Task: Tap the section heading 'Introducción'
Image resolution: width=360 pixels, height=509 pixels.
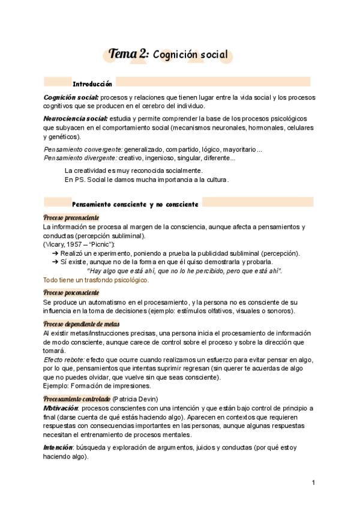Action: [x=92, y=83]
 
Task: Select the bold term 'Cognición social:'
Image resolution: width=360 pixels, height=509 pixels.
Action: [x=71, y=97]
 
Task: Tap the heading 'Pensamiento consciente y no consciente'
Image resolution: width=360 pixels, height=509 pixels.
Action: [x=135, y=204]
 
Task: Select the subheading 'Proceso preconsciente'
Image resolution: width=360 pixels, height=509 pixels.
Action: [x=71, y=217]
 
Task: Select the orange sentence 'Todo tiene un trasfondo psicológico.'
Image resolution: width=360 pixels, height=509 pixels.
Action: [x=95, y=280]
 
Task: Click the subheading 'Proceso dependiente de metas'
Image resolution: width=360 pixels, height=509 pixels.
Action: [x=82, y=324]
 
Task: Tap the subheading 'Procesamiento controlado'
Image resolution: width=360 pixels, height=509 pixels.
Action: [x=77, y=399]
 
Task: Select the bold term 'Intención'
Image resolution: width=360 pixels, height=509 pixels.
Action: [x=58, y=448]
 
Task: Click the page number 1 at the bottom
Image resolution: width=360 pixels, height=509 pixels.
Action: [x=313, y=483]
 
